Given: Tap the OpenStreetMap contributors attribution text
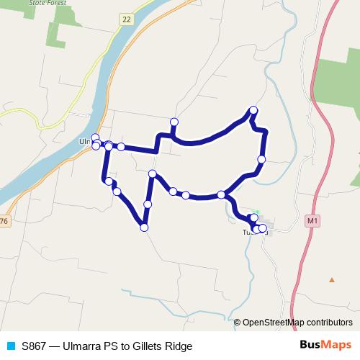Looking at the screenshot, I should coord(297,323).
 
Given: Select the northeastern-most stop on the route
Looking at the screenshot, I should coord(253,110).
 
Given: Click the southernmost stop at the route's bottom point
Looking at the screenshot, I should coord(144,228).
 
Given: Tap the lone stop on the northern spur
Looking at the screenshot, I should coord(174,122).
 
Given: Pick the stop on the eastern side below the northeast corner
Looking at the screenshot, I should coord(261,159).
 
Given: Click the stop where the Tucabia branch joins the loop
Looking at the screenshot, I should coord(221,194).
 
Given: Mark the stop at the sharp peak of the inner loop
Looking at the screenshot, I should coord(153,174).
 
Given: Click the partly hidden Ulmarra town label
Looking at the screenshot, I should coord(84,142).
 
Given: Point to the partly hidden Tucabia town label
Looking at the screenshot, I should coord(248,233).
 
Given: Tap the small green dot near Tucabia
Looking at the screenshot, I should coord(256,212).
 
